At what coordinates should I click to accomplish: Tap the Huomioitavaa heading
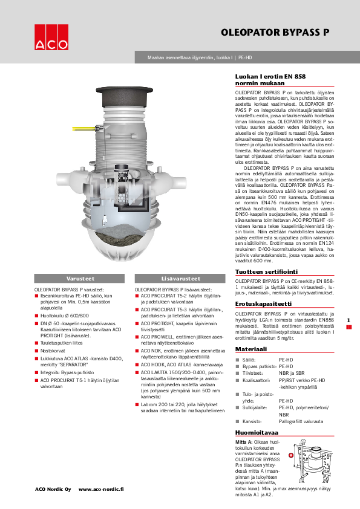pos(257,433)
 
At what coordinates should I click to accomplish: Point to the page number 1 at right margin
pos(348,320)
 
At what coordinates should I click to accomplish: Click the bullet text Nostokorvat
pos(54,350)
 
